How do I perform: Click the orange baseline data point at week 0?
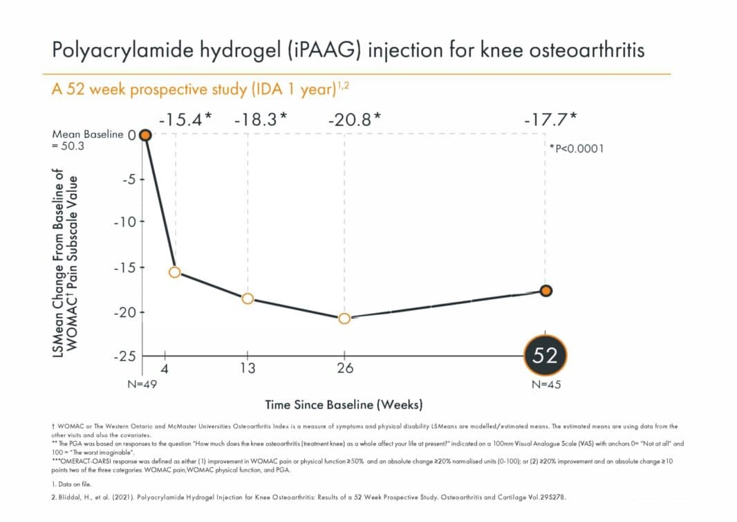pos(145,134)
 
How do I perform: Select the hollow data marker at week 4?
pos(175,272)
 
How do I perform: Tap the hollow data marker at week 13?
pos(248,298)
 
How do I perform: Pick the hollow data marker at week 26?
pos(344,318)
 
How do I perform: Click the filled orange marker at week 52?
pos(545,291)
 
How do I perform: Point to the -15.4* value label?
pos(185,119)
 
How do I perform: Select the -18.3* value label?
pos(260,119)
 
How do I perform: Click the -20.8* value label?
pos(354,119)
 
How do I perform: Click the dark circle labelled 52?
pos(545,355)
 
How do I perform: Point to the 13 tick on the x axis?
pos(248,368)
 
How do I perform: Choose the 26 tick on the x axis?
pos(344,368)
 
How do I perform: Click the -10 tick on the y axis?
pos(124,222)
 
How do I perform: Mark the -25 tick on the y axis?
pos(124,356)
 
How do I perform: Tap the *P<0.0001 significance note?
pos(575,148)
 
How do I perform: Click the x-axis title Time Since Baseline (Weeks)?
pos(344,404)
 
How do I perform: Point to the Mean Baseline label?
pos(88,134)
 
